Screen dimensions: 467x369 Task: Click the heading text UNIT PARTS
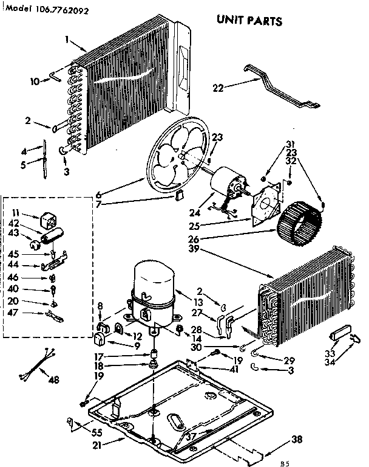coord(249,21)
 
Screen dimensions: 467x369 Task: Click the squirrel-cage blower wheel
coord(299,226)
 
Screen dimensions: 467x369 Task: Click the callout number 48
coord(54,381)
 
